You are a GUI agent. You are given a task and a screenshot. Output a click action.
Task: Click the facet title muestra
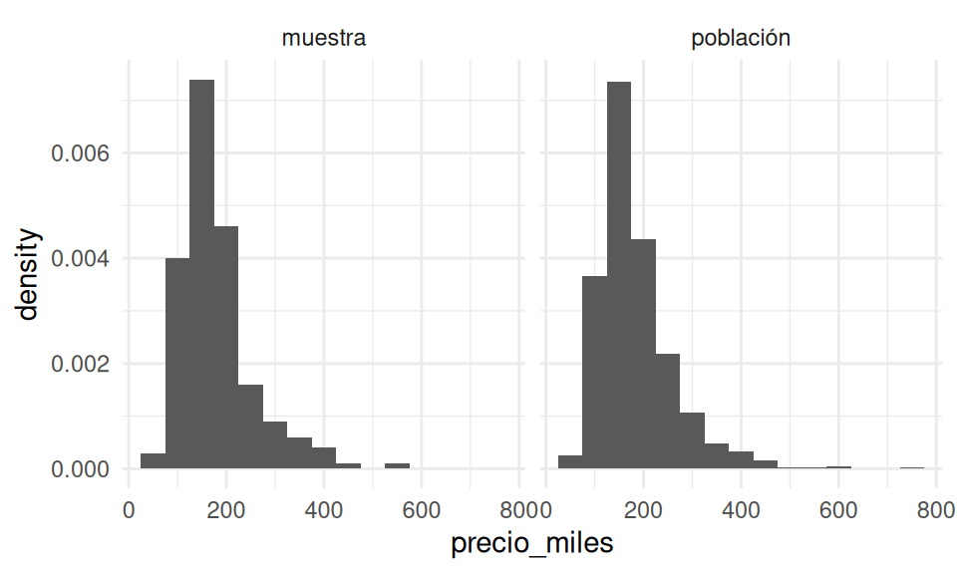pos(324,39)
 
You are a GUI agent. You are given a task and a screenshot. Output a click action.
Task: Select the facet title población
pos(741,39)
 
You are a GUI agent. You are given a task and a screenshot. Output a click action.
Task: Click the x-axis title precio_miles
pos(532,544)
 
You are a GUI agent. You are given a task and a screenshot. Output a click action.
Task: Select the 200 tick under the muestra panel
pos(226,509)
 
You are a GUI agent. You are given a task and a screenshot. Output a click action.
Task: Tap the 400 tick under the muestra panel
pos(324,509)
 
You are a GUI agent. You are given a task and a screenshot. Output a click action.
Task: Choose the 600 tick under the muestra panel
pos(422,509)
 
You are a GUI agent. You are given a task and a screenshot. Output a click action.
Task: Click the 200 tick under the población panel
pos(643,509)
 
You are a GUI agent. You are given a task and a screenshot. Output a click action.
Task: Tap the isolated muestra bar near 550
pos(398,466)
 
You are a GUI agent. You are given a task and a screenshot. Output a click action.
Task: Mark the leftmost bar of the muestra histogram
pos(154,461)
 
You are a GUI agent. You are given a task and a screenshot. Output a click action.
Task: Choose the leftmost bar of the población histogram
pos(570,462)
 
